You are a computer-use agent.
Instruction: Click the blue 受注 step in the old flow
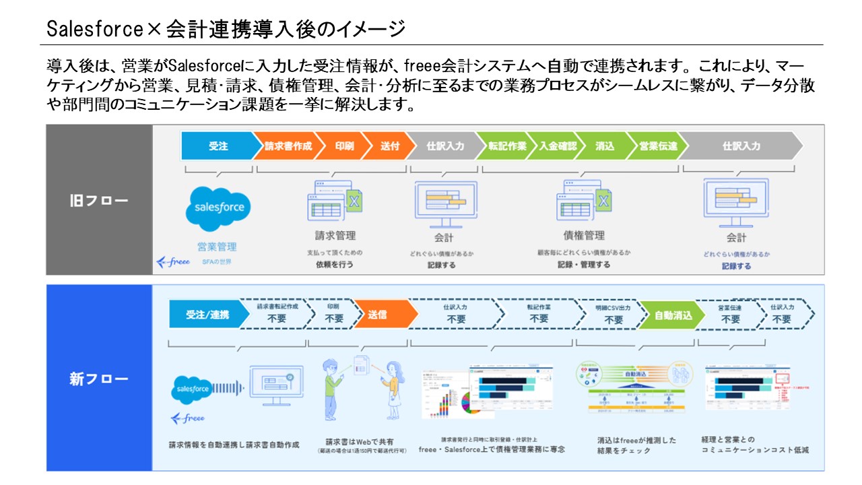click(218, 146)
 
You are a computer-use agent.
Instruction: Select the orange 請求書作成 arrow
click(287, 146)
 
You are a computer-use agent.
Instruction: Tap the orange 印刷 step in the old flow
click(344, 146)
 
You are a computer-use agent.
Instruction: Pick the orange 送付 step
click(389, 146)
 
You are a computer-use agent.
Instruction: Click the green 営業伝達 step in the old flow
click(658, 146)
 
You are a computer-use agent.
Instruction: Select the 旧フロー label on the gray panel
click(99, 201)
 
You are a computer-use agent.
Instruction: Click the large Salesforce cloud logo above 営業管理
click(218, 207)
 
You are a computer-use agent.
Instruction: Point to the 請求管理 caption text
click(335, 236)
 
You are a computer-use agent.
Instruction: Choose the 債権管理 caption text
click(584, 236)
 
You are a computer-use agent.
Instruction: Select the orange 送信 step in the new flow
click(378, 315)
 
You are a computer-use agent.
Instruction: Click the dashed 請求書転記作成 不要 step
click(277, 315)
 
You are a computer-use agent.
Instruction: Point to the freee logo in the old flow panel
click(173, 261)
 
